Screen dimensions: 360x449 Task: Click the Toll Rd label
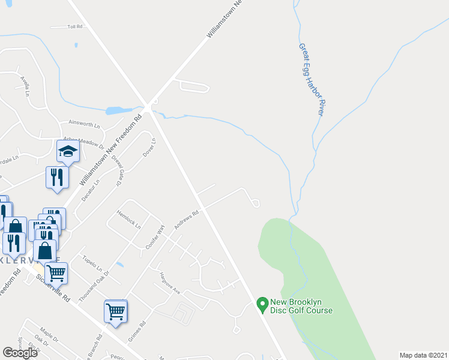[x=74, y=27]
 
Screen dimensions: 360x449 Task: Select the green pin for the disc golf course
[x=262, y=305]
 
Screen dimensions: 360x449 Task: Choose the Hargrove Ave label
[x=170, y=283]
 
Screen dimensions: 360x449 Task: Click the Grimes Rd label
[x=137, y=334]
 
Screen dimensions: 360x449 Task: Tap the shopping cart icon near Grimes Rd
[x=116, y=311]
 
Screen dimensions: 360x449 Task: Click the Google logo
[x=20, y=353]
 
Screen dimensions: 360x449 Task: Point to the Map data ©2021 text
[x=423, y=355]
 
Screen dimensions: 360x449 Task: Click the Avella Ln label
[x=25, y=86]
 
